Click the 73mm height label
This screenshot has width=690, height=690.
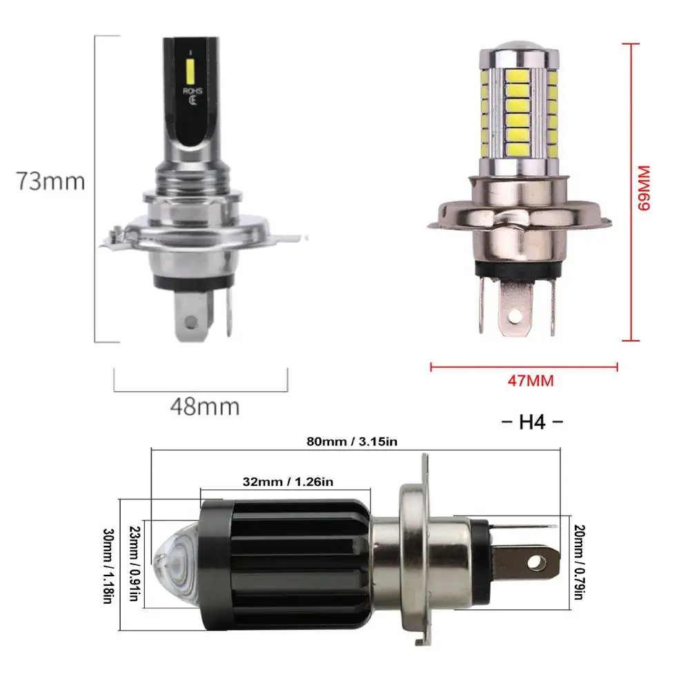(x=51, y=181)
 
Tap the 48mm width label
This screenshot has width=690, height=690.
(x=204, y=406)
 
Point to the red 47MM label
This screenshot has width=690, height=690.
(x=530, y=380)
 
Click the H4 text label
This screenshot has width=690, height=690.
(x=531, y=422)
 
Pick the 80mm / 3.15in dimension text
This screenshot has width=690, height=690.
(x=352, y=442)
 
